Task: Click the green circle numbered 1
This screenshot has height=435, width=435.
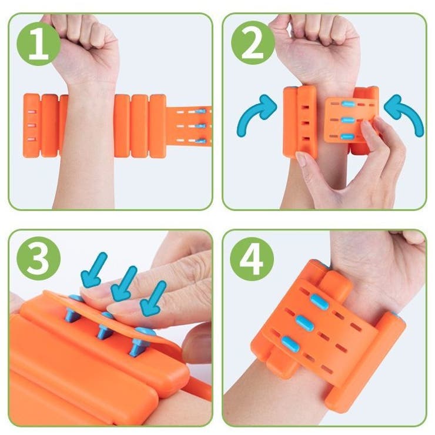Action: tap(38, 44)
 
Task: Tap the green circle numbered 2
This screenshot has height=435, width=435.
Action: tap(252, 43)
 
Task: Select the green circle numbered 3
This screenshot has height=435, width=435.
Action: tap(38, 259)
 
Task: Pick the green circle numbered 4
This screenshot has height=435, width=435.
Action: tap(252, 259)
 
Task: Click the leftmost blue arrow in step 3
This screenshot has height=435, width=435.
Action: tap(93, 270)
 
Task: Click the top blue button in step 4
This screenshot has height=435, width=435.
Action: tap(319, 302)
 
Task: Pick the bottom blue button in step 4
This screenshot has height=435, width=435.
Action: tap(291, 344)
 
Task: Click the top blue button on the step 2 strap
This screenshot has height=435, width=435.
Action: tap(348, 104)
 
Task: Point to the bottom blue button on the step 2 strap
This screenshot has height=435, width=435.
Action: tap(347, 136)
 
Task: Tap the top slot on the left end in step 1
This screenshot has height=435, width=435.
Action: tap(32, 112)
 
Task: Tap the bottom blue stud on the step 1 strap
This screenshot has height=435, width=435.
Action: tap(201, 141)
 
